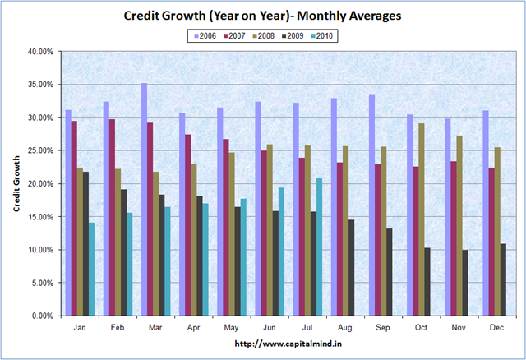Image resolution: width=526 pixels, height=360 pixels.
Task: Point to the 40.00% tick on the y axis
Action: [39, 52]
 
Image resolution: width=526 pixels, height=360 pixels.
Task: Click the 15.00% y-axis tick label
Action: [39, 217]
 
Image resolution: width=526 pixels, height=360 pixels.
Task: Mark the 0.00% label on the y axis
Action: [41, 316]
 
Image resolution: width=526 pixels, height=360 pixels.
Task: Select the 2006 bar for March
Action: [145, 199]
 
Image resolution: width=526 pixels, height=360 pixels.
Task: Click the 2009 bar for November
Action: [465, 282]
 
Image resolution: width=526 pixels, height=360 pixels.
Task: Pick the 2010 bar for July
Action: [318, 247]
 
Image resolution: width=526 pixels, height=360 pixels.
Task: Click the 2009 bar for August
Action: [351, 267]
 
